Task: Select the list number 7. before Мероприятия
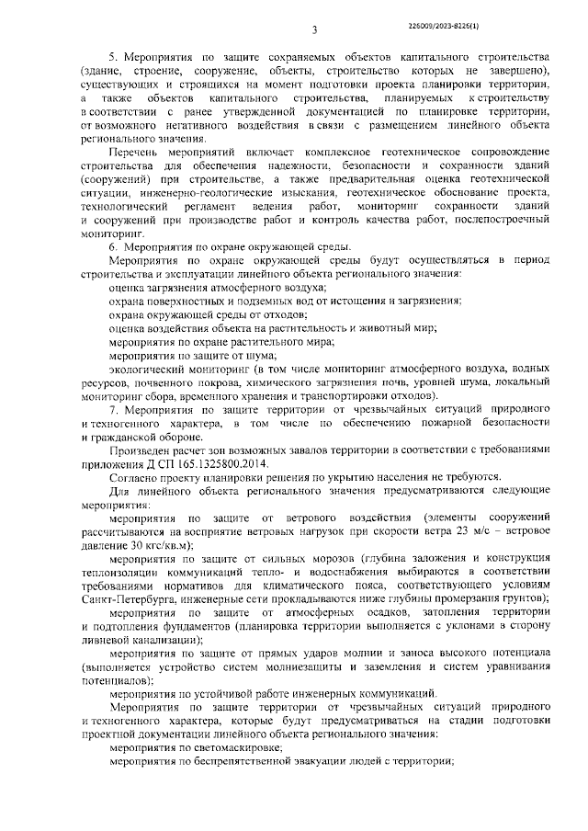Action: pyautogui.click(x=116, y=410)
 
